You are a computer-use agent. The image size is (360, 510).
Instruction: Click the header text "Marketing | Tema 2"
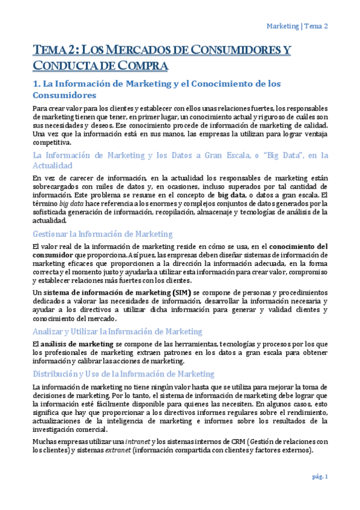(x=297, y=26)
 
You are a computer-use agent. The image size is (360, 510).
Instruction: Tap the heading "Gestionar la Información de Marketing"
(x=102, y=234)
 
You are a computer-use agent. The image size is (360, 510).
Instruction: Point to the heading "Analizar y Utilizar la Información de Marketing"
(x=117, y=331)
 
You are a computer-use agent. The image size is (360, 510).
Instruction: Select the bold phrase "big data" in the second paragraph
(x=231, y=195)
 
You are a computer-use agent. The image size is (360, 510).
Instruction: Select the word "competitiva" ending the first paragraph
(x=51, y=143)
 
